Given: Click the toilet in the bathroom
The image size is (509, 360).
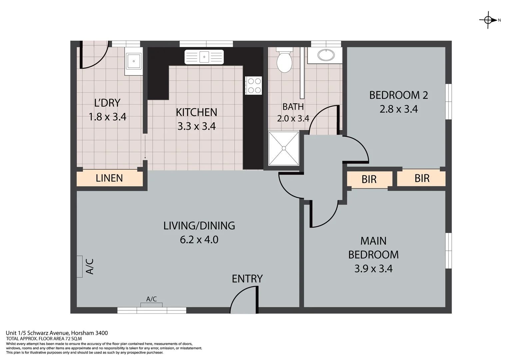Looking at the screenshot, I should (x=284, y=61).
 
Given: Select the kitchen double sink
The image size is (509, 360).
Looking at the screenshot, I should (x=204, y=56).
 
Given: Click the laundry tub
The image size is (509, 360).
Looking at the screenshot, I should (x=134, y=61).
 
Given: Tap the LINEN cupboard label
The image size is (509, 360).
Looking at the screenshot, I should (x=109, y=178).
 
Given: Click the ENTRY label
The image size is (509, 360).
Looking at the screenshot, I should (x=247, y=279).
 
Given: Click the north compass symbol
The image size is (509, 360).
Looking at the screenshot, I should (x=488, y=20).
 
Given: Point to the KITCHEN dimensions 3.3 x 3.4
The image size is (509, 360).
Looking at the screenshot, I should (x=197, y=126).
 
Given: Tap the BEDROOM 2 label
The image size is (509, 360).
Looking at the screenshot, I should (x=398, y=95).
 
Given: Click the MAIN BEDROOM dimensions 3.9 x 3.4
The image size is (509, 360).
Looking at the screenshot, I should (x=373, y=269).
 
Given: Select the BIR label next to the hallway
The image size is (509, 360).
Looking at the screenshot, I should (x=369, y=179).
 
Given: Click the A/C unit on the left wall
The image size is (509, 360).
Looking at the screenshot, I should (x=79, y=266).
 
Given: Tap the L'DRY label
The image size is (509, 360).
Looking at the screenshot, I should (x=107, y=103).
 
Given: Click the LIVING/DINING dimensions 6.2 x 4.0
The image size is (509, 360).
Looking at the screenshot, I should (x=199, y=240).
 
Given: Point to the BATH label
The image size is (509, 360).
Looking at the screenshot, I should (x=293, y=107).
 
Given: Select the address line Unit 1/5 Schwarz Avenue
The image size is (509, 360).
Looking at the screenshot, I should (x=57, y=333).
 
